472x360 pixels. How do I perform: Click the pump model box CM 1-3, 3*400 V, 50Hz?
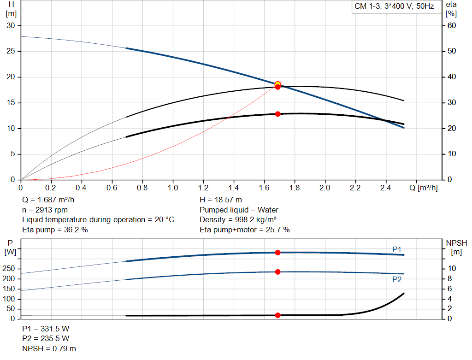click(x=394, y=7)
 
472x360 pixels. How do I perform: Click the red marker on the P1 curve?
click(x=277, y=252)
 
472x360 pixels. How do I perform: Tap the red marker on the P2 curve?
click(x=277, y=272)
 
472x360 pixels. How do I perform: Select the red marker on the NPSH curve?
click(x=277, y=315)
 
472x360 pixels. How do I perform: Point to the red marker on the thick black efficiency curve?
click(x=277, y=114)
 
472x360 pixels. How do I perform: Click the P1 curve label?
click(x=397, y=249)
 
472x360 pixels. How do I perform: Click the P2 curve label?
click(x=397, y=279)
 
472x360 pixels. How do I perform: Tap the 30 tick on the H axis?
click(x=11, y=25)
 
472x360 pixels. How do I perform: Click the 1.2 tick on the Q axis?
click(x=203, y=188)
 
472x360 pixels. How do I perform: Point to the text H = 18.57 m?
click(x=221, y=200)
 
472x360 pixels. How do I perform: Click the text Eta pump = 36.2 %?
click(x=55, y=230)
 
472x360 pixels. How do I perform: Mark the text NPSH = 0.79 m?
click(x=49, y=348)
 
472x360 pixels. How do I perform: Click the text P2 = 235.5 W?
click(x=46, y=338)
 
